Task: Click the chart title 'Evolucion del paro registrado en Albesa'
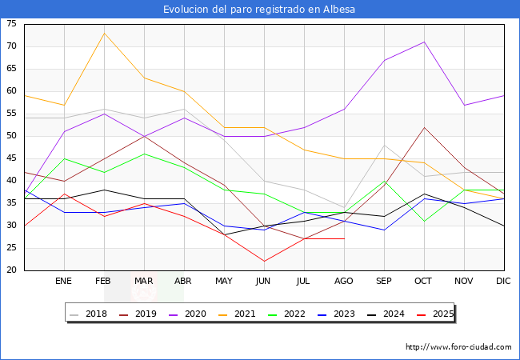click(x=259, y=10)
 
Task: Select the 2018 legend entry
click(x=89, y=314)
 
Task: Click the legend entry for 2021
click(x=237, y=314)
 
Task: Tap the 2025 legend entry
click(x=435, y=314)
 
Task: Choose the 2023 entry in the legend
click(x=336, y=314)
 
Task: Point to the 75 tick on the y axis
click(x=11, y=24)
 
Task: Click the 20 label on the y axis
click(x=11, y=270)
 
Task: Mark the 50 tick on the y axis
click(x=11, y=136)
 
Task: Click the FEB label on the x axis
click(x=103, y=281)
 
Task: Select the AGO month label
click(x=343, y=281)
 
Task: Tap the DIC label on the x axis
click(x=503, y=281)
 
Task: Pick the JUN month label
click(x=263, y=281)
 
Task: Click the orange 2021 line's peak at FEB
click(x=105, y=33)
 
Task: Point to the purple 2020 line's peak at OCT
click(x=425, y=42)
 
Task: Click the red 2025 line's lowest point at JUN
click(x=264, y=262)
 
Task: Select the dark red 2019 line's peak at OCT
click(x=425, y=127)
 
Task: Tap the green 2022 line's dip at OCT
click(x=425, y=221)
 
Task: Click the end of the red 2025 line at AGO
click(x=345, y=238)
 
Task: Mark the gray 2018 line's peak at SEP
click(x=384, y=145)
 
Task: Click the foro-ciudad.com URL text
click(x=458, y=347)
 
